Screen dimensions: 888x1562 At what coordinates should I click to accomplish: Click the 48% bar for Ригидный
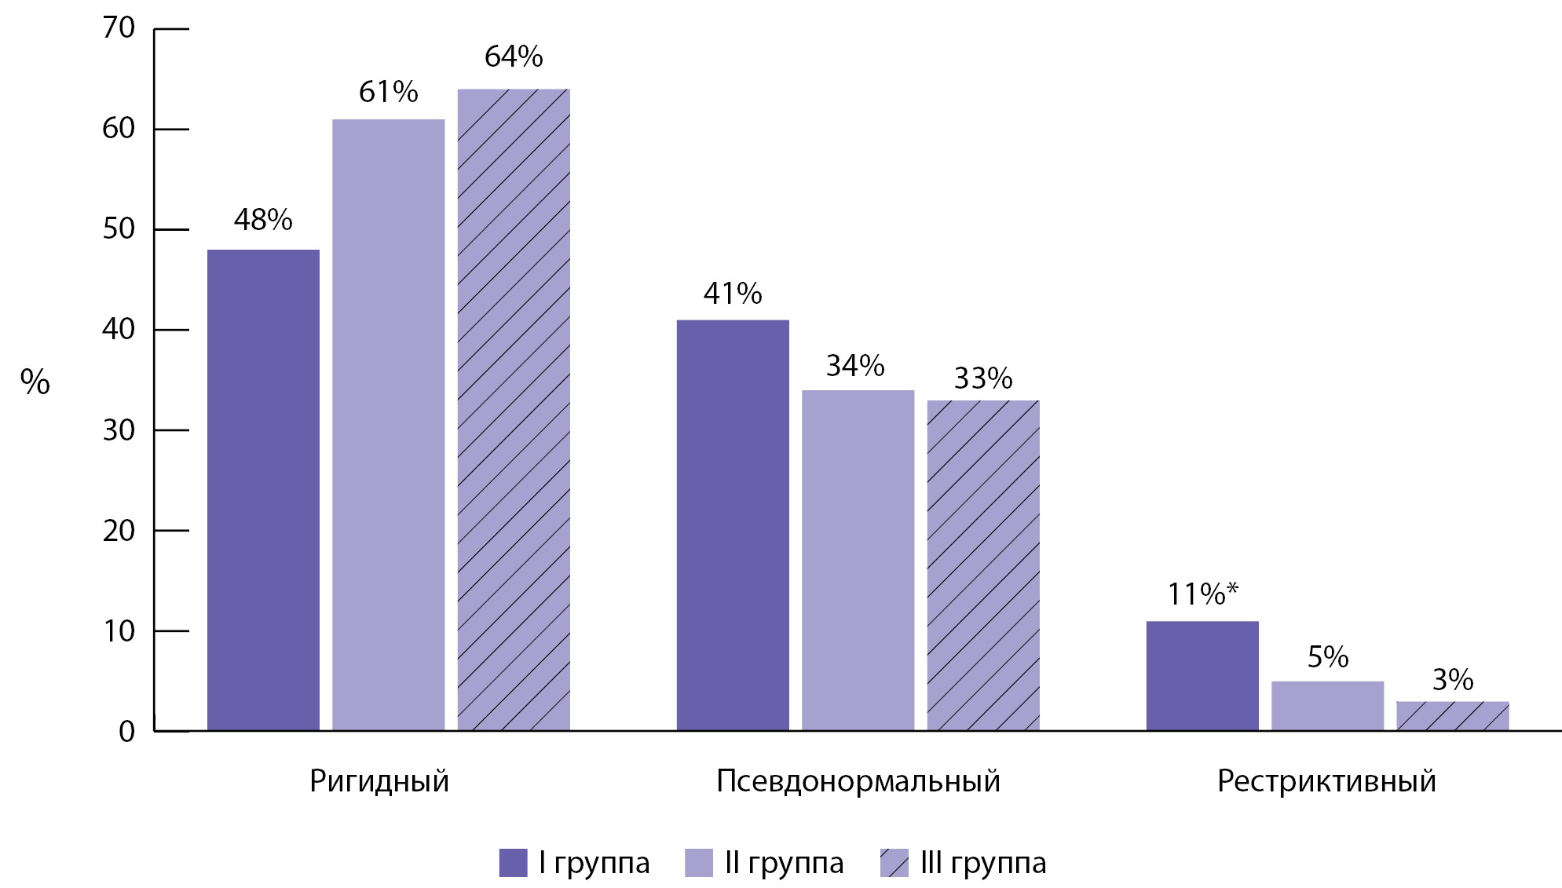(x=263, y=490)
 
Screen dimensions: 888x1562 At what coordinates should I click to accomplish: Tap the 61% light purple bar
(x=388, y=425)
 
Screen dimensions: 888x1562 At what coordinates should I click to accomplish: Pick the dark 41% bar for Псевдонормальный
(x=733, y=525)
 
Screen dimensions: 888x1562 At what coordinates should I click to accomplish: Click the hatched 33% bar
(x=982, y=565)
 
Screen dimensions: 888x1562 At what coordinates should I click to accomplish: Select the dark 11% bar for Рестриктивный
(x=1202, y=676)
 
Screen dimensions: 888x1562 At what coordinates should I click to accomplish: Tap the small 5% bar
(x=1327, y=706)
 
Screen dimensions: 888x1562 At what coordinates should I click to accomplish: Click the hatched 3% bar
(x=1452, y=716)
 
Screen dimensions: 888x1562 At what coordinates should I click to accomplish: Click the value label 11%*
(x=1202, y=594)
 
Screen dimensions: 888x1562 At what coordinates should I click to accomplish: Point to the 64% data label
(x=514, y=57)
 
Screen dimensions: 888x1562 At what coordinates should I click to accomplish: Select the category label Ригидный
(x=379, y=781)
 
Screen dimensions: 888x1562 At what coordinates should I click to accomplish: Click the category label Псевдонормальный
(x=858, y=781)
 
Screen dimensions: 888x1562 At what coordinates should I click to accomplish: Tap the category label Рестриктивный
(x=1326, y=781)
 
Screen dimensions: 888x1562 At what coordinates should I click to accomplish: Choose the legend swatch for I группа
(x=513, y=862)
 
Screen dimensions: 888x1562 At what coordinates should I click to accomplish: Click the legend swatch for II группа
(x=698, y=862)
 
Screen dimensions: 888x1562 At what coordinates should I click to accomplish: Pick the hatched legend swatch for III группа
(x=894, y=862)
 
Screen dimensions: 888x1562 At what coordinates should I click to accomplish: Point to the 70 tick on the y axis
(x=119, y=28)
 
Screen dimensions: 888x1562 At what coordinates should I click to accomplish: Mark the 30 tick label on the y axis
(x=119, y=430)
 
